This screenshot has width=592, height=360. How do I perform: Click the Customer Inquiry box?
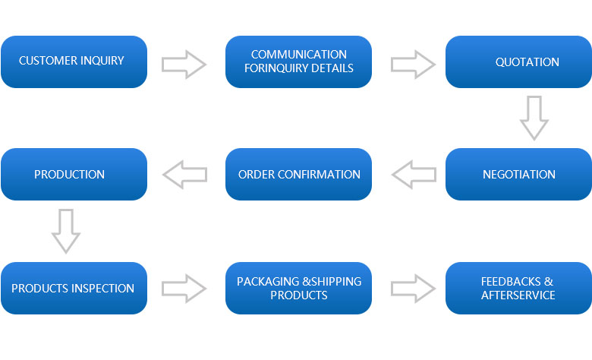click(74, 62)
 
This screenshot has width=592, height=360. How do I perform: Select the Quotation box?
click(518, 62)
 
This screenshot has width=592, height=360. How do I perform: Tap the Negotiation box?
click(518, 174)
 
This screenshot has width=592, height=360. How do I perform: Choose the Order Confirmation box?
click(298, 174)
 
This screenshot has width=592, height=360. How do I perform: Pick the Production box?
click(74, 174)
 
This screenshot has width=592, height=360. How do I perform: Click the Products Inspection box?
click(74, 288)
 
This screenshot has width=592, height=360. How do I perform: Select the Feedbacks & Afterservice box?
click(518, 288)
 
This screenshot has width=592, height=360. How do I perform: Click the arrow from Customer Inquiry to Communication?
click(184, 65)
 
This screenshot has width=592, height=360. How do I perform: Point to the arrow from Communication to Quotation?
click(413, 65)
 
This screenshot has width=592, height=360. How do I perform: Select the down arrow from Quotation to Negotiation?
click(534, 118)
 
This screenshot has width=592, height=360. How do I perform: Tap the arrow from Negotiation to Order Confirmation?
click(414, 175)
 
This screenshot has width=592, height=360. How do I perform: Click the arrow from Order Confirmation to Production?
click(185, 175)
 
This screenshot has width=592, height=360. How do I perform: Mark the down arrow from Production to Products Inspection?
click(66, 231)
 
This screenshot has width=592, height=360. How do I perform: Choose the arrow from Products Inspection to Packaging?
click(184, 289)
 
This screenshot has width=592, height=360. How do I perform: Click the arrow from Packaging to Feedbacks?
click(413, 289)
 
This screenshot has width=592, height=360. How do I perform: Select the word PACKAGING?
click(268, 282)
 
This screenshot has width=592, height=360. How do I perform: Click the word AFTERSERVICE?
click(518, 295)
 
